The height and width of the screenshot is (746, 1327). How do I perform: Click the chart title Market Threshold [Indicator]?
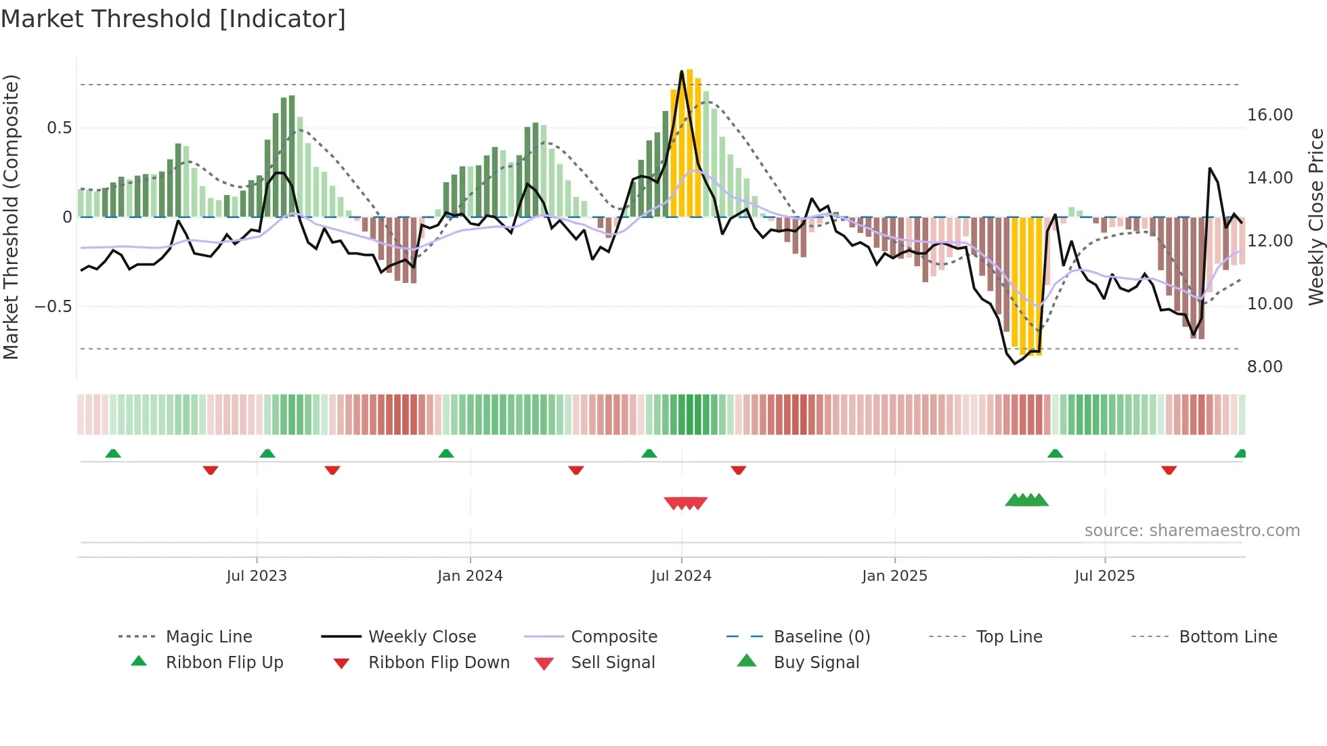(173, 19)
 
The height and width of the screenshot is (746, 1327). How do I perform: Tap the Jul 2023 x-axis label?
(257, 576)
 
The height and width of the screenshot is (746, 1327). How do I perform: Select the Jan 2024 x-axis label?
(470, 576)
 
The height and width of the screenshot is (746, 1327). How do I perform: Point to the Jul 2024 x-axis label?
(681, 576)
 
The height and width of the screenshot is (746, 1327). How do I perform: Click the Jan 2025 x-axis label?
(894, 576)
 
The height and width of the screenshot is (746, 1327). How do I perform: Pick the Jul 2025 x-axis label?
(1104, 576)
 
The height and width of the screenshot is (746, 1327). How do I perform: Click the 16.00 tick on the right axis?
(1269, 115)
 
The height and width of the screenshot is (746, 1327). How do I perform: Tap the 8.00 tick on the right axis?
(1265, 367)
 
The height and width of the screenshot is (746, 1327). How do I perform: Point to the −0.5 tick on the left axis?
(53, 307)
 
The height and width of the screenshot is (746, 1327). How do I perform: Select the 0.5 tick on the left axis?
(59, 128)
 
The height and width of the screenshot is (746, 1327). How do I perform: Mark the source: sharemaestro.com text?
(1192, 531)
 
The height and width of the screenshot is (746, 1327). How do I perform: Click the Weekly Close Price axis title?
(1315, 217)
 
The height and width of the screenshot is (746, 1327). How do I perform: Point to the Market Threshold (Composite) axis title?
(11, 217)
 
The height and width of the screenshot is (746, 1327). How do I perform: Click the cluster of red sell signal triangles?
(685, 503)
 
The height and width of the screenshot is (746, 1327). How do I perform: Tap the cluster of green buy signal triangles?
(1026, 500)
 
